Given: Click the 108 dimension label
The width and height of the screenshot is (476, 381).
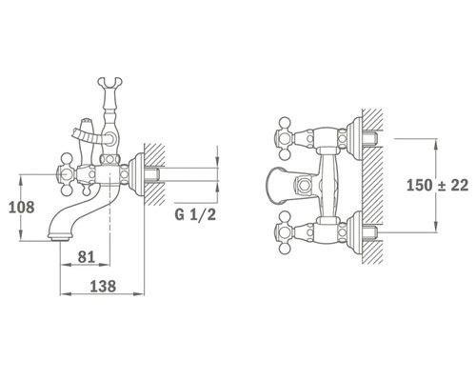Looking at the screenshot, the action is point(21,208).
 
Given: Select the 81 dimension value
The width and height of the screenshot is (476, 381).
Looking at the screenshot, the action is point(87,257).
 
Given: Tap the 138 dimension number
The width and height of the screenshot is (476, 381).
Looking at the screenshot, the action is point(103,287).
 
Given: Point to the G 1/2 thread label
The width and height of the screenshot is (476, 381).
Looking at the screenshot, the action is point(195,215).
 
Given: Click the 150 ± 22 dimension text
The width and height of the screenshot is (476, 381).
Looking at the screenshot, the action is point(437,185).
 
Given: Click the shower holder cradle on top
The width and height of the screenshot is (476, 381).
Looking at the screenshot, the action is point(109,82).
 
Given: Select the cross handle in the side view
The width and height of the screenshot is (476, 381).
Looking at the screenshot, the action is point(67,174).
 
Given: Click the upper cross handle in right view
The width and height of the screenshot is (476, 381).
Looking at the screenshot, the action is point(284,138).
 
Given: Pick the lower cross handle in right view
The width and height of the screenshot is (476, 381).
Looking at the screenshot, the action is point(284,233).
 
